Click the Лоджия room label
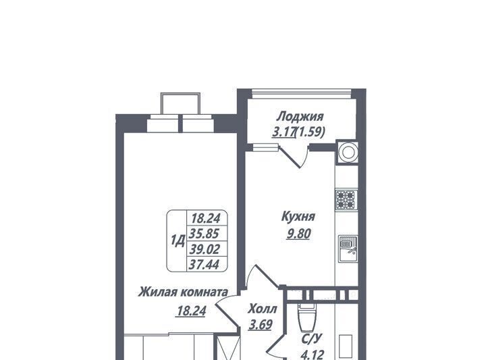(300, 118)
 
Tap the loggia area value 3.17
(283, 132)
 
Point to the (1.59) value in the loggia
(310, 132)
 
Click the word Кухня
(298, 216)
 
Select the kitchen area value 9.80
(298, 234)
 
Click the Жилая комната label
(183, 292)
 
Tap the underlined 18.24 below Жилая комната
(190, 311)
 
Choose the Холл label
(262, 309)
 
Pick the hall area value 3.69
(261, 325)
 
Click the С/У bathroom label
(313, 338)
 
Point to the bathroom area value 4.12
(313, 355)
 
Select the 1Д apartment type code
(178, 240)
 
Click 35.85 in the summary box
(205, 233)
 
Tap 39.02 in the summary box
(205, 249)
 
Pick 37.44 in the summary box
(205, 265)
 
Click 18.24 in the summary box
(206, 218)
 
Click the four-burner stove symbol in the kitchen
(346, 200)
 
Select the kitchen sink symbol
(348, 249)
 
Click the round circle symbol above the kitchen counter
(347, 152)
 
